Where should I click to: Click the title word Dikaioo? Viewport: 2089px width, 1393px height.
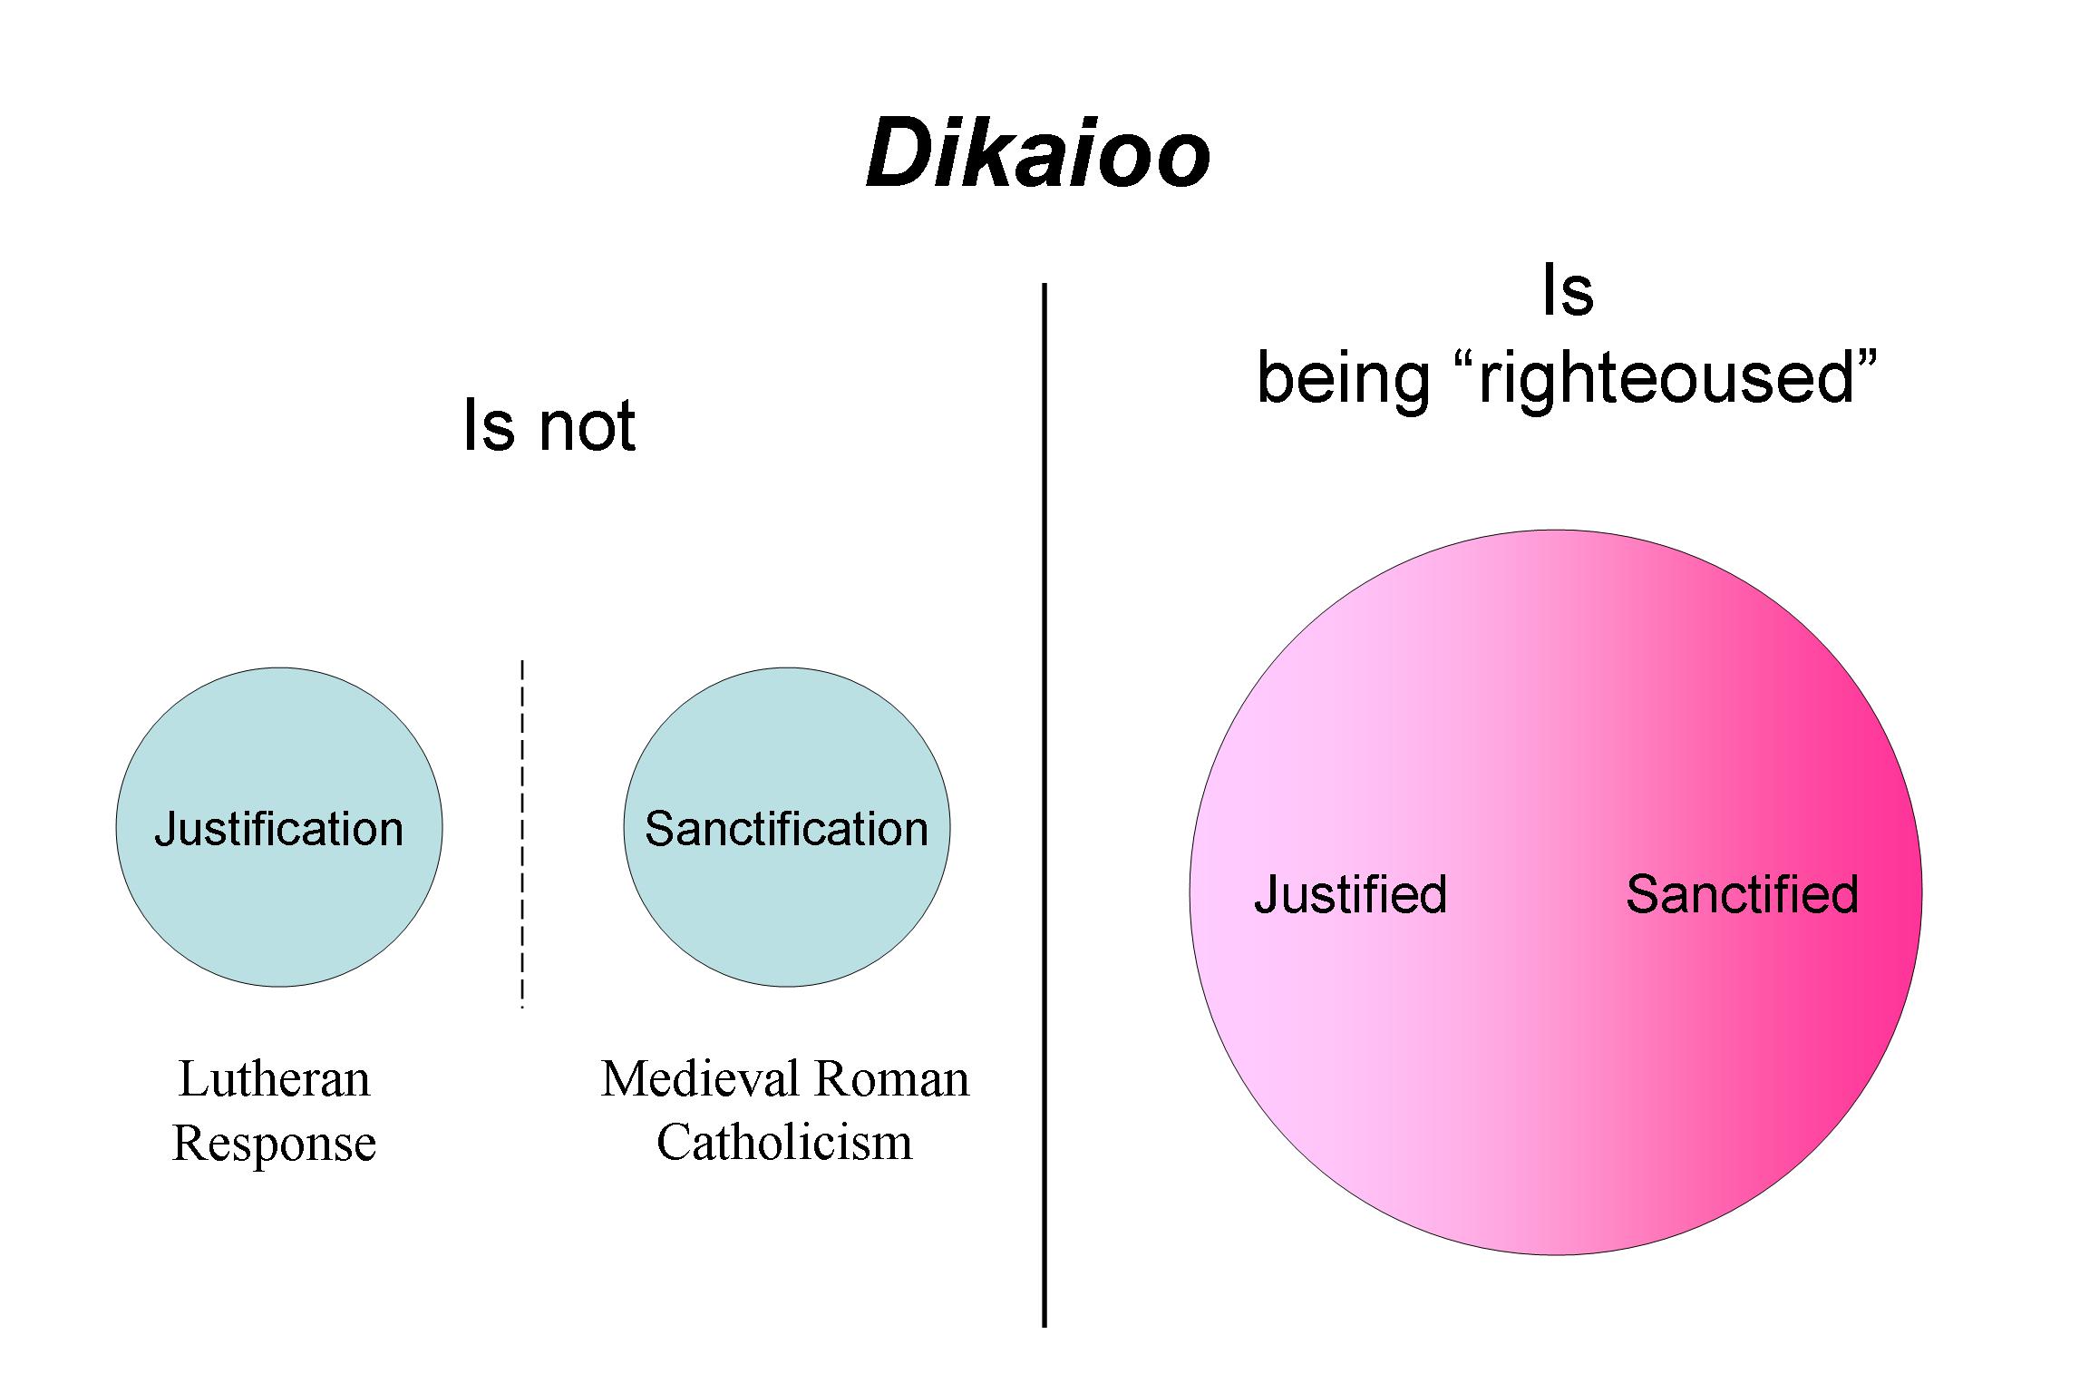(x=1038, y=155)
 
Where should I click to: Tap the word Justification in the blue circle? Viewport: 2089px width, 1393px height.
(x=279, y=830)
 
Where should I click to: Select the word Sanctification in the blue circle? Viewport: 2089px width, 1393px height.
(x=786, y=829)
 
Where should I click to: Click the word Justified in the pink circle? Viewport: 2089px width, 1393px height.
(x=1351, y=894)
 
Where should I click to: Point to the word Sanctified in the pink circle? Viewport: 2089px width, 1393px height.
(x=1742, y=894)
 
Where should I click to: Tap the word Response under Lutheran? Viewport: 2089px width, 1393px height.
(x=275, y=1145)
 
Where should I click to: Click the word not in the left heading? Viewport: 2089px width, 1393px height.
(x=588, y=426)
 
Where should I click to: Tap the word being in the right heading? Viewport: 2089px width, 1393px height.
(x=1343, y=380)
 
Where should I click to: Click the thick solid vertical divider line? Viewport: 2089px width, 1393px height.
(x=1044, y=805)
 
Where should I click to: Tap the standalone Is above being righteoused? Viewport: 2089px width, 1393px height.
(x=1568, y=291)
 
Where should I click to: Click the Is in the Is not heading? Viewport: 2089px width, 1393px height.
(x=489, y=425)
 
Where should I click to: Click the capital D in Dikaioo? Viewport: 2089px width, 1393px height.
(x=898, y=155)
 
